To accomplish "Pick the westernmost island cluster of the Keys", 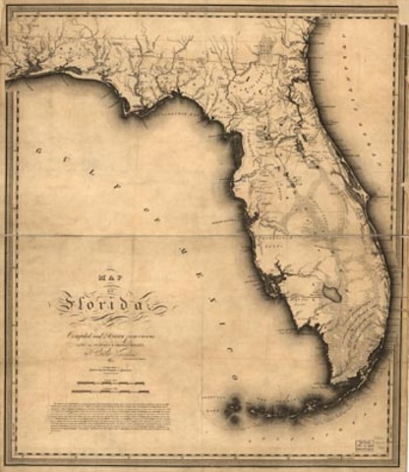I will tap(232, 404).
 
